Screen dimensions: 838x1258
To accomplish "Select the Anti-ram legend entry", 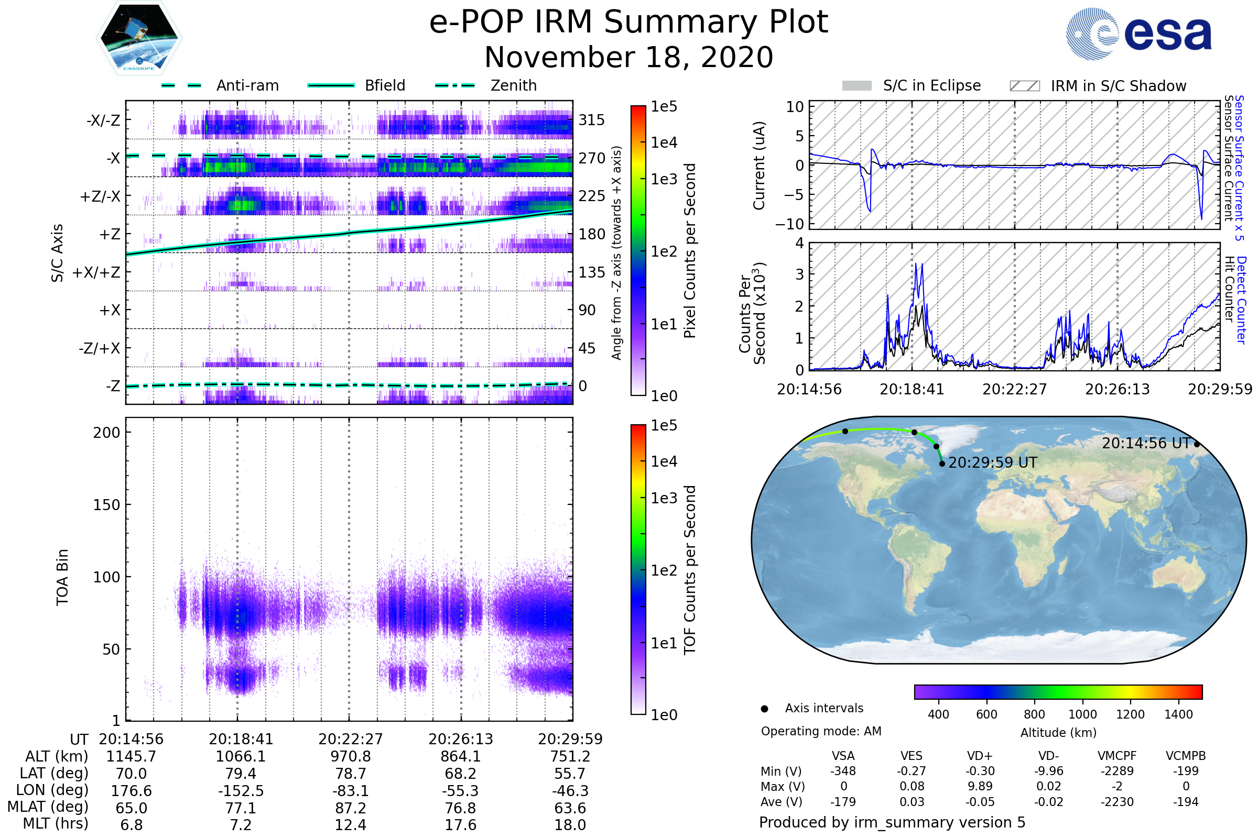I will point(247,85).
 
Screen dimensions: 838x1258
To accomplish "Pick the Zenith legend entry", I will point(513,85).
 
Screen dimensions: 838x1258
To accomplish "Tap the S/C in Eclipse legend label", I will point(931,85).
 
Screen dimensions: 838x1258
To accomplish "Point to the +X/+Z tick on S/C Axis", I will point(96,272).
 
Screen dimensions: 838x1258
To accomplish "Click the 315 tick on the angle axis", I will point(592,120).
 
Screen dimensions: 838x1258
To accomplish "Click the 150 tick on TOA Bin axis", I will point(106,505).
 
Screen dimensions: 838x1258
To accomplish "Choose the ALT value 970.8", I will point(350,757).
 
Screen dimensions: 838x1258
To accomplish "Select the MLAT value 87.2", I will point(350,808).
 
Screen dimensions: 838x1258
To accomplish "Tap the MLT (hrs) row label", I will point(56,823).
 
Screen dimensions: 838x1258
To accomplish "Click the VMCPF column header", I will point(1117,756).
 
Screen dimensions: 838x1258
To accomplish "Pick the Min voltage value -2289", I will point(1117,771).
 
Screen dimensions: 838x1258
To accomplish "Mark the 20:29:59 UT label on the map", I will point(992,463).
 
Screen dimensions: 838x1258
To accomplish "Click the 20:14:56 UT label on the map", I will point(1145,444).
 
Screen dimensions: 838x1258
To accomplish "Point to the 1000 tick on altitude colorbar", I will point(1082,714).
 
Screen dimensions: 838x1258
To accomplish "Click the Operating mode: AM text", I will point(821,731).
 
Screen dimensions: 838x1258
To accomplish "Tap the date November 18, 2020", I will point(628,58).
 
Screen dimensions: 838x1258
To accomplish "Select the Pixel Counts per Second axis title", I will point(690,251).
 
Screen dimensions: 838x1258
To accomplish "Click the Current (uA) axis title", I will point(759,166).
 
